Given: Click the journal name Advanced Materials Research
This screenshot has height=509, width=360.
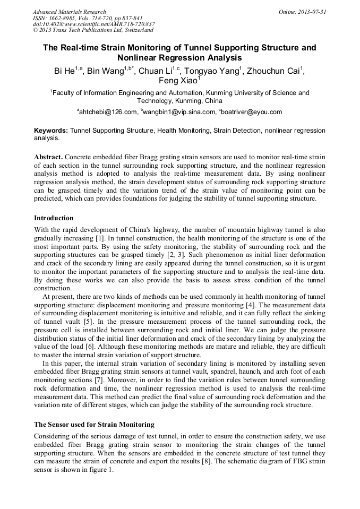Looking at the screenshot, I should (69, 12).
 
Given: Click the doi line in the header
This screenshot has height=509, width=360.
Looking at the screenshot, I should (93, 24).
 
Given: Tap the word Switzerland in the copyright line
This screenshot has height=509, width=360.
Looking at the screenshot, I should (137, 30).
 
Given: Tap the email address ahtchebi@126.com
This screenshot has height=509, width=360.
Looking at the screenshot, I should (108, 112).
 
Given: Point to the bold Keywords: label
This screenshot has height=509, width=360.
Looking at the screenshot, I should (51, 130).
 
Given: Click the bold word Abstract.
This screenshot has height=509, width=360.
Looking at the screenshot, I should (48, 158).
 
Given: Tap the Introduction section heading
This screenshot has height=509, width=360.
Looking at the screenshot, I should (54, 218).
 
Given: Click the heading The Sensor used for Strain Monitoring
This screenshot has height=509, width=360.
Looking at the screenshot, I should (94, 425).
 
